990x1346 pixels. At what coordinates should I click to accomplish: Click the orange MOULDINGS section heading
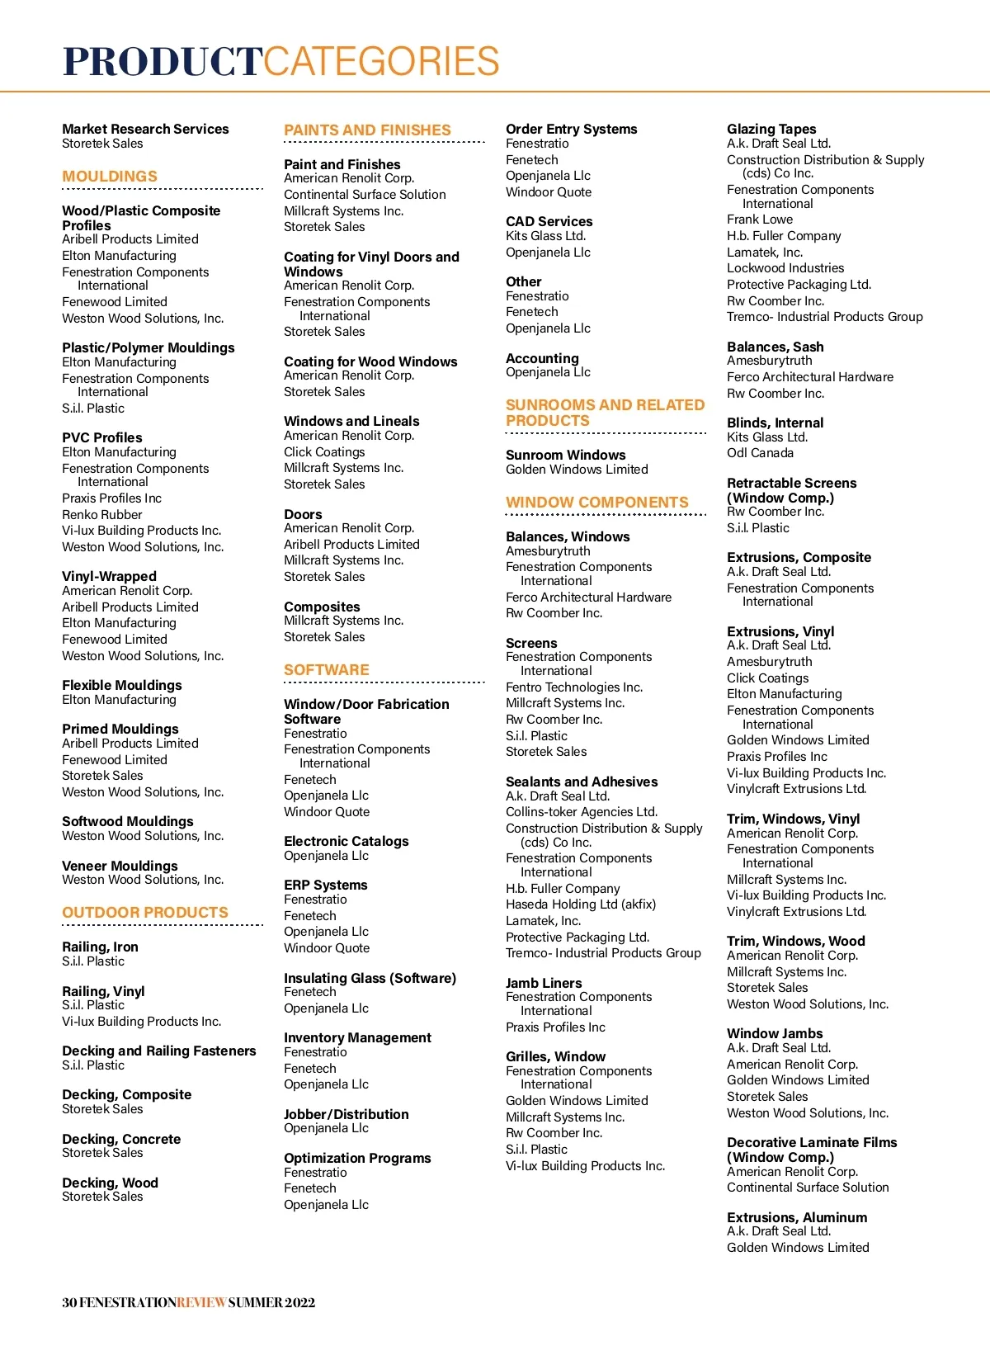tap(110, 177)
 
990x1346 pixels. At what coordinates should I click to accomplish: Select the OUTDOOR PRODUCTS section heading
tap(145, 913)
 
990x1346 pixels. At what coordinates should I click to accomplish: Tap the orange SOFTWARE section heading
tap(327, 670)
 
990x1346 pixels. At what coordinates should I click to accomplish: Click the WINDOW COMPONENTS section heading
tap(597, 503)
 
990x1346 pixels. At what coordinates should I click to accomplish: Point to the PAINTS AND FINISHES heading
tap(367, 130)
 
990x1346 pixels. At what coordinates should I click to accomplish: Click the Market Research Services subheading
tap(145, 129)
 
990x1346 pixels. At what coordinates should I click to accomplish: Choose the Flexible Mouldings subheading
tap(122, 685)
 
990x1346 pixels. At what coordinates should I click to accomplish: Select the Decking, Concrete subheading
tap(121, 1139)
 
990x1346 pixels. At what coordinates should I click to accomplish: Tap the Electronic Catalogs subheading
tap(346, 841)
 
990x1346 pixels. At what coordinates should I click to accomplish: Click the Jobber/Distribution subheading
tap(346, 1114)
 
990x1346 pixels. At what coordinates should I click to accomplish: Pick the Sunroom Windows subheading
tap(566, 455)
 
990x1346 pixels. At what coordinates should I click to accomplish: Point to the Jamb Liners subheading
tap(544, 983)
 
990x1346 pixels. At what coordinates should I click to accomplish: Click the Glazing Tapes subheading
tap(771, 129)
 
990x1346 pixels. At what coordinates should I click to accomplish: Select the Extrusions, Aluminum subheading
tap(797, 1217)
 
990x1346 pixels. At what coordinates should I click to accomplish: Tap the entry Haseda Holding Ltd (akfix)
tap(581, 904)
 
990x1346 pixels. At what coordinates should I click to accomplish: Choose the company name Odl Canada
tap(760, 453)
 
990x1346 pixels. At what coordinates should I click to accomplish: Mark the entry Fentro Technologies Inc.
tap(574, 687)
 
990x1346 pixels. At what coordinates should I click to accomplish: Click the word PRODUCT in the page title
tap(163, 62)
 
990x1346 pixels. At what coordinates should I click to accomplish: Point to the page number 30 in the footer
tap(69, 1302)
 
